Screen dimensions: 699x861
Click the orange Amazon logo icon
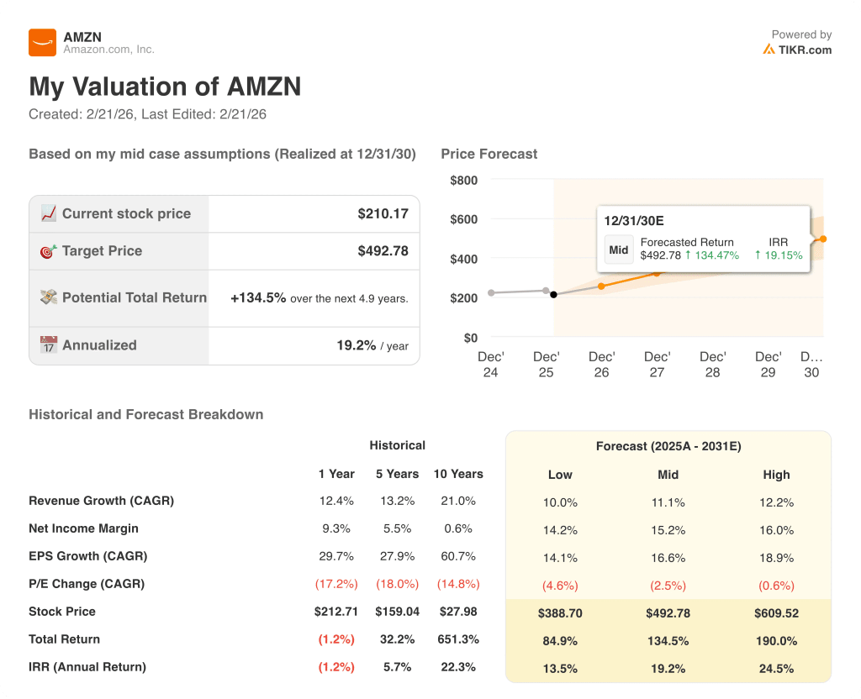[42, 42]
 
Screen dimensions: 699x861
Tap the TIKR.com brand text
[804, 50]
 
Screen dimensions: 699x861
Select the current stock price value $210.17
[383, 213]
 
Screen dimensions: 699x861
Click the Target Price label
[102, 251]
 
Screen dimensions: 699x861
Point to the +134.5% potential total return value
[258, 298]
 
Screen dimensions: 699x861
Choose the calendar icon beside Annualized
[49, 345]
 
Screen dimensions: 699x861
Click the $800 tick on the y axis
[463, 180]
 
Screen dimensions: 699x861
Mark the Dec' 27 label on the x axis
[657, 364]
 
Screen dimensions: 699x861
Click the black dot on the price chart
[553, 294]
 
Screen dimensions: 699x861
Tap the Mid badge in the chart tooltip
[619, 250]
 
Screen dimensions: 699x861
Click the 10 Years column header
[458, 474]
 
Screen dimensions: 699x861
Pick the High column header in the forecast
[776, 475]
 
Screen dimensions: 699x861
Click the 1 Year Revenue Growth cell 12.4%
[336, 501]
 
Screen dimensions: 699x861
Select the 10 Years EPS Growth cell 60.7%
[458, 556]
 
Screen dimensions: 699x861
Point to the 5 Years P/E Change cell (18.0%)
[397, 584]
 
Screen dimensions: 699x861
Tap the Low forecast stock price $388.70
[560, 613]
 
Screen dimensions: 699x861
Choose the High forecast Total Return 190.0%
[776, 641]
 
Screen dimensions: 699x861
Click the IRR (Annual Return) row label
[87, 667]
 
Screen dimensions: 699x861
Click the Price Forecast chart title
[489, 154]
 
